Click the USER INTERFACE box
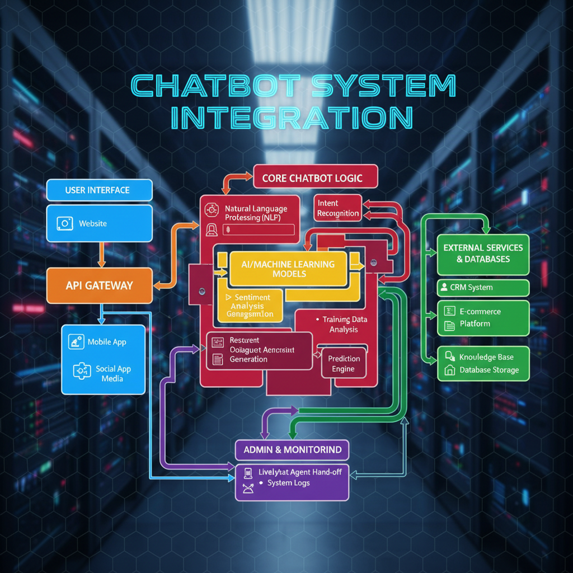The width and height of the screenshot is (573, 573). click(x=99, y=190)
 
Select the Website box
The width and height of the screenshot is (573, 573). click(x=99, y=223)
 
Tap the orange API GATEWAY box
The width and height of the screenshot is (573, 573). click(x=99, y=285)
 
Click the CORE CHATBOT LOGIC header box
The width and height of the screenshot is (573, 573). click(x=316, y=179)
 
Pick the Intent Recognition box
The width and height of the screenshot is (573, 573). click(x=338, y=208)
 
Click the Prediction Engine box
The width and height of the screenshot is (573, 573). click(x=344, y=364)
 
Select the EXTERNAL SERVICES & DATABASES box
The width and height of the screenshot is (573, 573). click(x=482, y=253)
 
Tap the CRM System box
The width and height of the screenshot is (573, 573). click(x=482, y=288)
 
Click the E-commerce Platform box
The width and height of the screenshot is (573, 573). click(x=482, y=318)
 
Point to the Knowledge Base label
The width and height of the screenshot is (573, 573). click(x=486, y=357)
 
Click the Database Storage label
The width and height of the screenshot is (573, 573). click(x=489, y=370)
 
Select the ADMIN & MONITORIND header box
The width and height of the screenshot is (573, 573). click(x=292, y=450)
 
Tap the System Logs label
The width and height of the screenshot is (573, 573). click(x=288, y=483)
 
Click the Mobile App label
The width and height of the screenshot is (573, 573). click(x=106, y=342)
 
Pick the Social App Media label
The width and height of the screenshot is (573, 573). click(x=112, y=374)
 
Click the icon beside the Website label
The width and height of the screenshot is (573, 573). click(x=65, y=223)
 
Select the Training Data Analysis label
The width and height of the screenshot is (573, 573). click(x=344, y=325)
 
